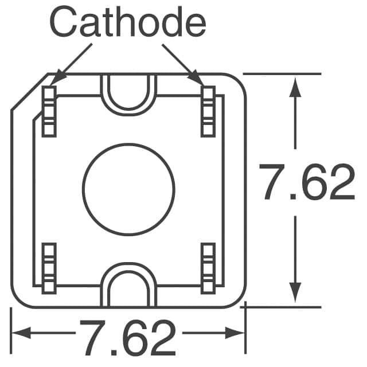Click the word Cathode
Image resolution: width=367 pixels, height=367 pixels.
coord(127,22)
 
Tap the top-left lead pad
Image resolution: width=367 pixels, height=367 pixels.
coord(49,111)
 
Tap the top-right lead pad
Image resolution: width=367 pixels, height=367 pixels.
coord(208,111)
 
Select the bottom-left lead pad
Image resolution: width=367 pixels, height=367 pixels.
coord(49,268)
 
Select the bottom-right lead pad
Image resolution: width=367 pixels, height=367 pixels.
coord(208,268)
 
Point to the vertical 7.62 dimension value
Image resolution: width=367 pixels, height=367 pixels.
coord(307,182)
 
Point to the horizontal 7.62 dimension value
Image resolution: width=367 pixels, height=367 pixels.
coord(128,338)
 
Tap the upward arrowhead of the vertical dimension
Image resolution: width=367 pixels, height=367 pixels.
coord(295,87)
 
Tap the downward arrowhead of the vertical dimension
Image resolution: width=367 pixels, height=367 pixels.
coord(295,292)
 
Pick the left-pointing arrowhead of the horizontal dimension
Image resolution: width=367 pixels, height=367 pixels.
coord(22,333)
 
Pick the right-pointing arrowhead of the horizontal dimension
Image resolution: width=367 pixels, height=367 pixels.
coord(235,333)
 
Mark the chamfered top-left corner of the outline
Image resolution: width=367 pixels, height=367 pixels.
coord(30,92)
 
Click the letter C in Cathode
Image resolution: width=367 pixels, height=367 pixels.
coord(63,22)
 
